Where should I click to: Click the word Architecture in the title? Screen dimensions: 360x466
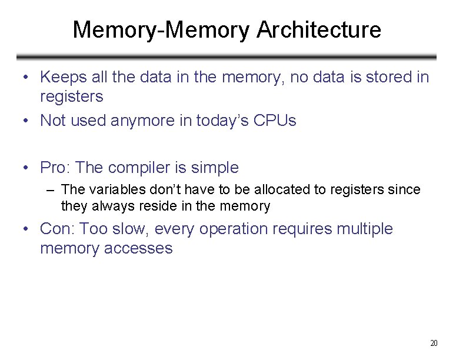(319, 29)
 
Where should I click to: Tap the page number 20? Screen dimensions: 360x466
(435, 343)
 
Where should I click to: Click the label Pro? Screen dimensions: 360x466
(56, 168)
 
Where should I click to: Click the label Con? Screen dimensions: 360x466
(57, 229)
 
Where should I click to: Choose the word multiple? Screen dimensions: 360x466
(364, 229)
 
